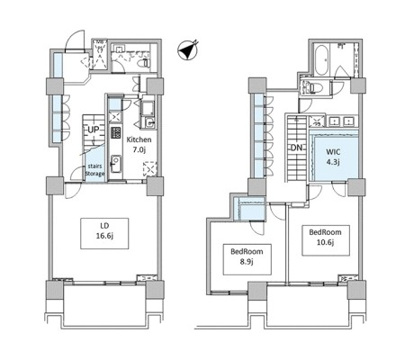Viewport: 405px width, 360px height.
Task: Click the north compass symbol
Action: point(188,50)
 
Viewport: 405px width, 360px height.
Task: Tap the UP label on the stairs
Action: point(94,130)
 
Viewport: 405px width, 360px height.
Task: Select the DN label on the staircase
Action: point(296,148)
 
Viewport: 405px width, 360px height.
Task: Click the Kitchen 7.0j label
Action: point(139,144)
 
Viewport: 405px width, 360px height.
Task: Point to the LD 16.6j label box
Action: point(104,233)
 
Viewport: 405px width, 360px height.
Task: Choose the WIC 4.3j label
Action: point(333,157)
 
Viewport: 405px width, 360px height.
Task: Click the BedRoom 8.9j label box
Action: point(247,259)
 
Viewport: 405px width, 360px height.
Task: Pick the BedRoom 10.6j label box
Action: point(326,240)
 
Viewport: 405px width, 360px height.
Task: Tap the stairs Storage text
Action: point(94,170)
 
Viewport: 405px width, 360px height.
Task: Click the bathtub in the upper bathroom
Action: point(322,60)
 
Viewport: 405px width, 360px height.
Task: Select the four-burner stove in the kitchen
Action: point(116,132)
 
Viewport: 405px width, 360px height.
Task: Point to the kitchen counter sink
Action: point(116,164)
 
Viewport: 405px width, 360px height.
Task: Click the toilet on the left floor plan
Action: point(145,63)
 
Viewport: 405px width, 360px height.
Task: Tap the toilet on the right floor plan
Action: point(313,88)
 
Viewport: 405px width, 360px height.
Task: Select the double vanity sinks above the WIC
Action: point(342,121)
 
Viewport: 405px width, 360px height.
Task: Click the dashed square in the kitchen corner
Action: point(149,169)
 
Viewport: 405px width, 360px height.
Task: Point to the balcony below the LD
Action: point(105,305)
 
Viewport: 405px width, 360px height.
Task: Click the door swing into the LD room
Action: point(73,191)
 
